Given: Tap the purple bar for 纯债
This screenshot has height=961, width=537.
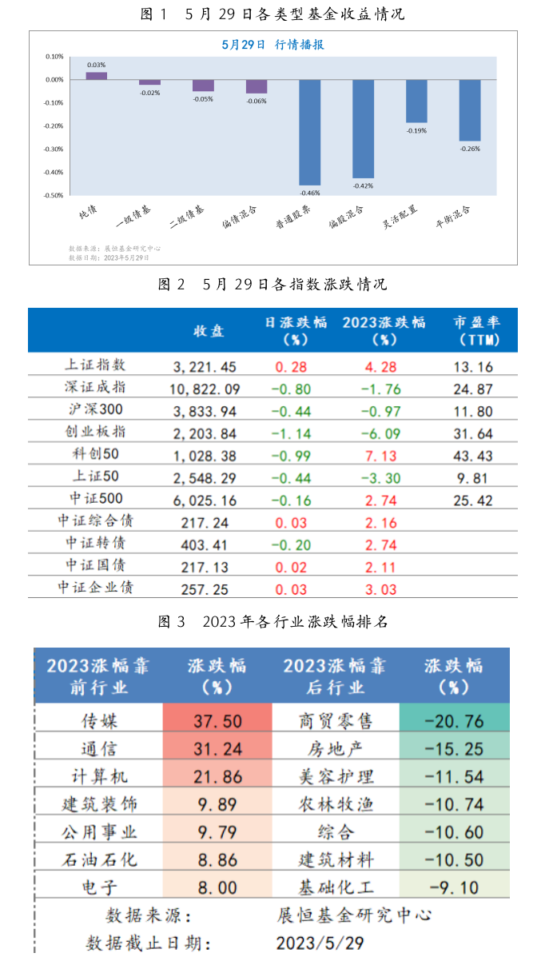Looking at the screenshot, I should (x=96, y=76).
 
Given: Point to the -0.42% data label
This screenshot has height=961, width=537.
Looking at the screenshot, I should (x=363, y=185).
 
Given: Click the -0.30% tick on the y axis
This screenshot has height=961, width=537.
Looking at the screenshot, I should (x=54, y=149).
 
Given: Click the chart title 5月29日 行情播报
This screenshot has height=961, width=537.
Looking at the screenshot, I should (x=272, y=45).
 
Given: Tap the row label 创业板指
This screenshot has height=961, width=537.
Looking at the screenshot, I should (x=95, y=432).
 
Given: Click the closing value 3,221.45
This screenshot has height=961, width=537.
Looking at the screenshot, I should (x=205, y=367).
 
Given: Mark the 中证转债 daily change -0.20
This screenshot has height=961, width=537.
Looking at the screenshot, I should (x=291, y=544).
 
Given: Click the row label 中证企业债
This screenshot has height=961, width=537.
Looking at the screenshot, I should (x=95, y=588).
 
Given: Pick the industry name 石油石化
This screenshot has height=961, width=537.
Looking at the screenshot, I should (x=100, y=859).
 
